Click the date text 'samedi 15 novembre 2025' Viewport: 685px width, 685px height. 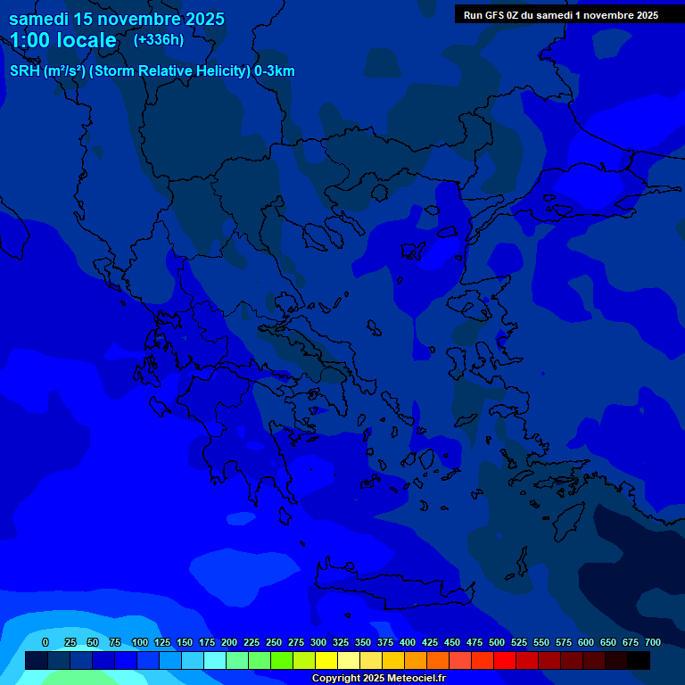click(x=117, y=19)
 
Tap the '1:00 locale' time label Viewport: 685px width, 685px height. click(x=63, y=40)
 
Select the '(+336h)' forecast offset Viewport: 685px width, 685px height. click(x=159, y=39)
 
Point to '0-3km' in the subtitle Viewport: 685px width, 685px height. click(x=275, y=71)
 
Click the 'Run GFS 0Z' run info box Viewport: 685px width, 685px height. click(x=561, y=14)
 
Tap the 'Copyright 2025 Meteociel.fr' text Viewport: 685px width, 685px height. click(x=378, y=679)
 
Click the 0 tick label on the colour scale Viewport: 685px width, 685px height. click(x=45, y=642)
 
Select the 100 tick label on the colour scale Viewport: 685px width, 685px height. click(x=140, y=642)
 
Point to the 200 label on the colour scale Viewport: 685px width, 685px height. click(x=229, y=642)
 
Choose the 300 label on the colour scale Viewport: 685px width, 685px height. click(x=318, y=642)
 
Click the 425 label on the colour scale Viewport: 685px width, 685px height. click(x=430, y=642)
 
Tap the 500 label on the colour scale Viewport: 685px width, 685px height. click(x=497, y=642)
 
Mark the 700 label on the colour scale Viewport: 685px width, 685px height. click(x=653, y=642)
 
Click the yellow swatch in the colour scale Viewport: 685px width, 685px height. click(x=326, y=660)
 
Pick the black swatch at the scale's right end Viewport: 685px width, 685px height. click(x=639, y=660)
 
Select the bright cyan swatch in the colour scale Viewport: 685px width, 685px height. click(x=215, y=660)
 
